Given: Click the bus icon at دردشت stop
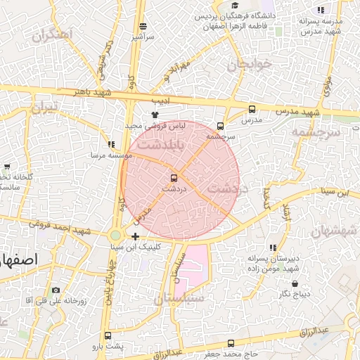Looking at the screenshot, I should (x=174, y=177).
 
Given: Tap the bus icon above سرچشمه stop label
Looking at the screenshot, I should (x=221, y=126).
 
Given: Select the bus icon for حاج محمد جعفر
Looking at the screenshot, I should (x=231, y=343).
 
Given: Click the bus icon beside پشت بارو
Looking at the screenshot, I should (x=108, y=335).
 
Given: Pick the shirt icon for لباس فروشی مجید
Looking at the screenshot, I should (x=155, y=114).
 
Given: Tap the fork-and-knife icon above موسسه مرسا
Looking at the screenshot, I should (x=111, y=143).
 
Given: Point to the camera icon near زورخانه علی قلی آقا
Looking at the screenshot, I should (x=56, y=290).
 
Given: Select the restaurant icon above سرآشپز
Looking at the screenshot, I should (x=143, y=26).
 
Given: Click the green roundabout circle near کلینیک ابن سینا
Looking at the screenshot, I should (x=115, y=235).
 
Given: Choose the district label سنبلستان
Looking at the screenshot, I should (x=179, y=298).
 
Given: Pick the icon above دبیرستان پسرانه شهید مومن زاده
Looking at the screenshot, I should (x=272, y=247).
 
